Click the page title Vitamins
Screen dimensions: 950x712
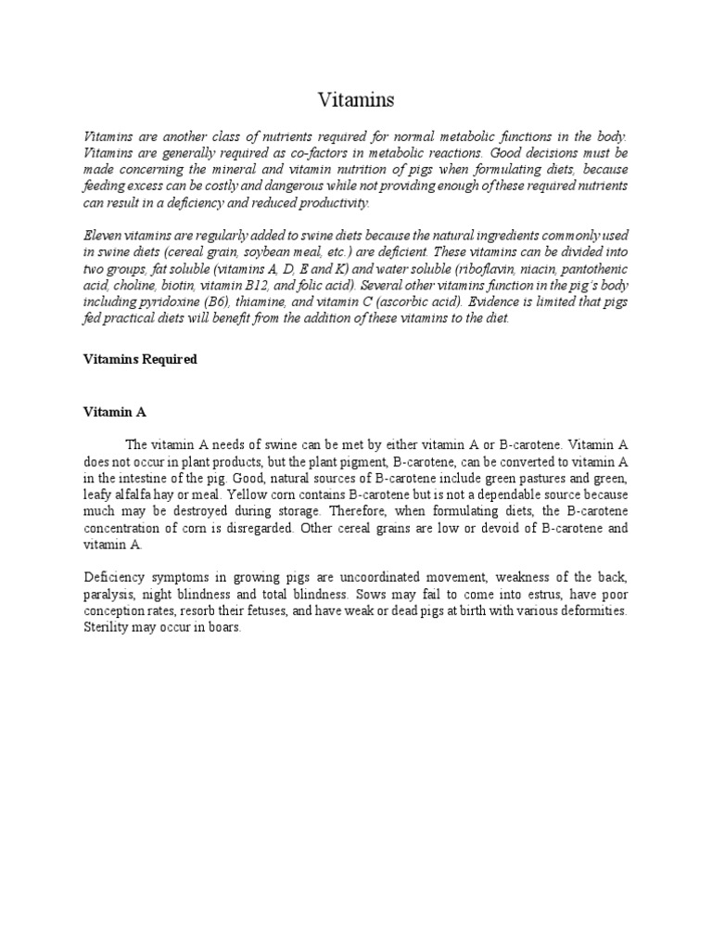(355, 98)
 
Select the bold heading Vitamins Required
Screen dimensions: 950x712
(139, 359)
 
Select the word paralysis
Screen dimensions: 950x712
(110, 595)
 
